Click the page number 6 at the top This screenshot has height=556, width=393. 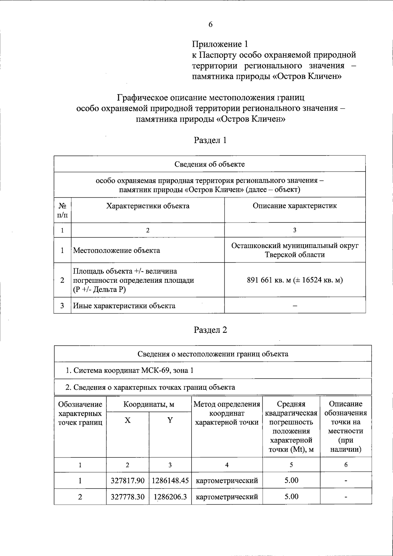point(211,25)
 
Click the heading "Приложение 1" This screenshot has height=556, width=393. point(220,44)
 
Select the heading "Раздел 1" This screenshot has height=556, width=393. point(210,140)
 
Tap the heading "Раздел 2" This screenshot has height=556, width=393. point(210,330)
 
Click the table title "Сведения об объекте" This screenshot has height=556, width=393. point(210,164)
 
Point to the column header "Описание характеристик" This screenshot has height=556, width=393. point(295,206)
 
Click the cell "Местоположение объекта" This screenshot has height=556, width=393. point(117,251)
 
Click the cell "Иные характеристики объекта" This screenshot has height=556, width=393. point(124,306)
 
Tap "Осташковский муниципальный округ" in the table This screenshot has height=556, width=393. point(295,246)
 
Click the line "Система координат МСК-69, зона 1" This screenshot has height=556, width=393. point(129,370)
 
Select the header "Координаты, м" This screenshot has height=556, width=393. point(149,404)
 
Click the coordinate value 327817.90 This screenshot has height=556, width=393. point(128,481)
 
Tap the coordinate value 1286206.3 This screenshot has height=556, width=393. point(170,497)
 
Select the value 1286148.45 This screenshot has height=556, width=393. point(170,481)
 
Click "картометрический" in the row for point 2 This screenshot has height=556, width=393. point(227,497)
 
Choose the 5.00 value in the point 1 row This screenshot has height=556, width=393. point(291,480)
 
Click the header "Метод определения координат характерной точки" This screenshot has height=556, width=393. point(227,413)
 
